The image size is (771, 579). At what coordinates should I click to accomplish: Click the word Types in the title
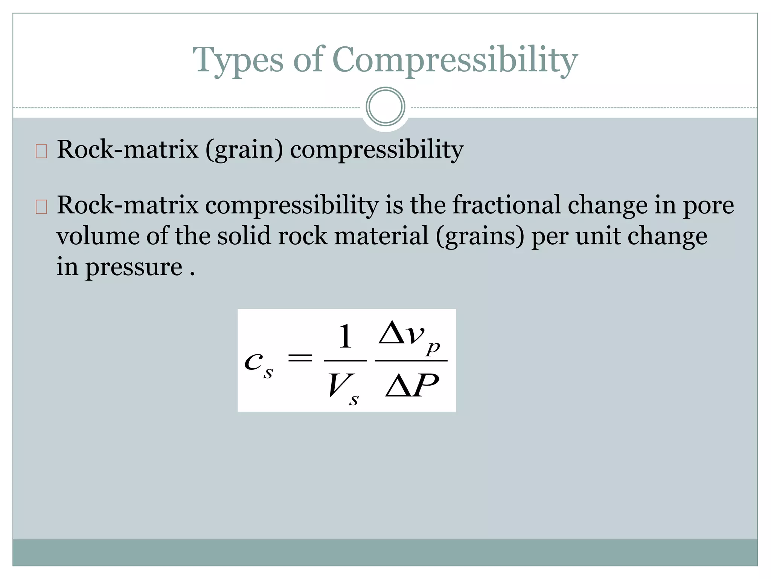tap(238, 60)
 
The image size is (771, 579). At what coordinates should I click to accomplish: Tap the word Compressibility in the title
tap(455, 60)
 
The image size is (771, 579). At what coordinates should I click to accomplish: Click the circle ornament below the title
tap(385, 107)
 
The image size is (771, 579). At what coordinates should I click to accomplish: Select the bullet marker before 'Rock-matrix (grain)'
tap(41, 151)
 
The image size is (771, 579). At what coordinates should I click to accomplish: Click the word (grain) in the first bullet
tap(244, 150)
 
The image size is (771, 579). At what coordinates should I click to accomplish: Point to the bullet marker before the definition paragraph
tap(41, 207)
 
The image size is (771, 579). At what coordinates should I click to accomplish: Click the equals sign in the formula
tap(300, 358)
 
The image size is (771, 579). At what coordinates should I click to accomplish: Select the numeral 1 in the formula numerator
tap(345, 337)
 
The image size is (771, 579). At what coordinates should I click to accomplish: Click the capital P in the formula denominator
tap(426, 386)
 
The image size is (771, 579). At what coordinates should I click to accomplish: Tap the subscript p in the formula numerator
tap(433, 348)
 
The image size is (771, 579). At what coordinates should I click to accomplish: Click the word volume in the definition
tap(98, 236)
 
